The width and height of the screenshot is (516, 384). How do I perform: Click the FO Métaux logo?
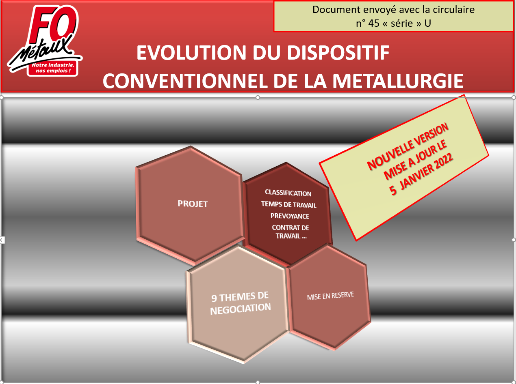(x=45, y=41)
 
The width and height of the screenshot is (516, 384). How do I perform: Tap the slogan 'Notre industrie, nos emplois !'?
(x=53, y=68)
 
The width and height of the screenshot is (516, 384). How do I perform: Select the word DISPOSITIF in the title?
(x=338, y=53)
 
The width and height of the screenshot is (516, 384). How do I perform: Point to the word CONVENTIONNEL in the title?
(x=185, y=81)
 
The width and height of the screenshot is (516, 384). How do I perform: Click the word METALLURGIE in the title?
(x=397, y=81)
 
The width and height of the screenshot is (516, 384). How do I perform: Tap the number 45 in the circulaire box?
(x=374, y=23)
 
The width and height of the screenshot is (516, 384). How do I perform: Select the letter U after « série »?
(x=427, y=23)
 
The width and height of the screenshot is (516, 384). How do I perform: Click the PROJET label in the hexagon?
(x=193, y=204)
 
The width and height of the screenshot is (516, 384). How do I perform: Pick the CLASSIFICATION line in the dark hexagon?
(x=288, y=193)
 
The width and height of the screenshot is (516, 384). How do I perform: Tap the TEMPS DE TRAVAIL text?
(x=289, y=204)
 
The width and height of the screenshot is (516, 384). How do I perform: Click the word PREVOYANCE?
(x=290, y=216)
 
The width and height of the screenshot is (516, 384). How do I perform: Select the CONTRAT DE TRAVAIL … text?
(x=291, y=232)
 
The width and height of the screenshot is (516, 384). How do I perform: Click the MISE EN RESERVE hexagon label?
(x=330, y=296)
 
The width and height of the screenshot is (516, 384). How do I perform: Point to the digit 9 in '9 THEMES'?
(x=214, y=298)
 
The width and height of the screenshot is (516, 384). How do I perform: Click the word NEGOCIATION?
(x=241, y=309)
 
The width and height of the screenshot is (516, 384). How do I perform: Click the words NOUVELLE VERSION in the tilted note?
(x=408, y=146)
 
